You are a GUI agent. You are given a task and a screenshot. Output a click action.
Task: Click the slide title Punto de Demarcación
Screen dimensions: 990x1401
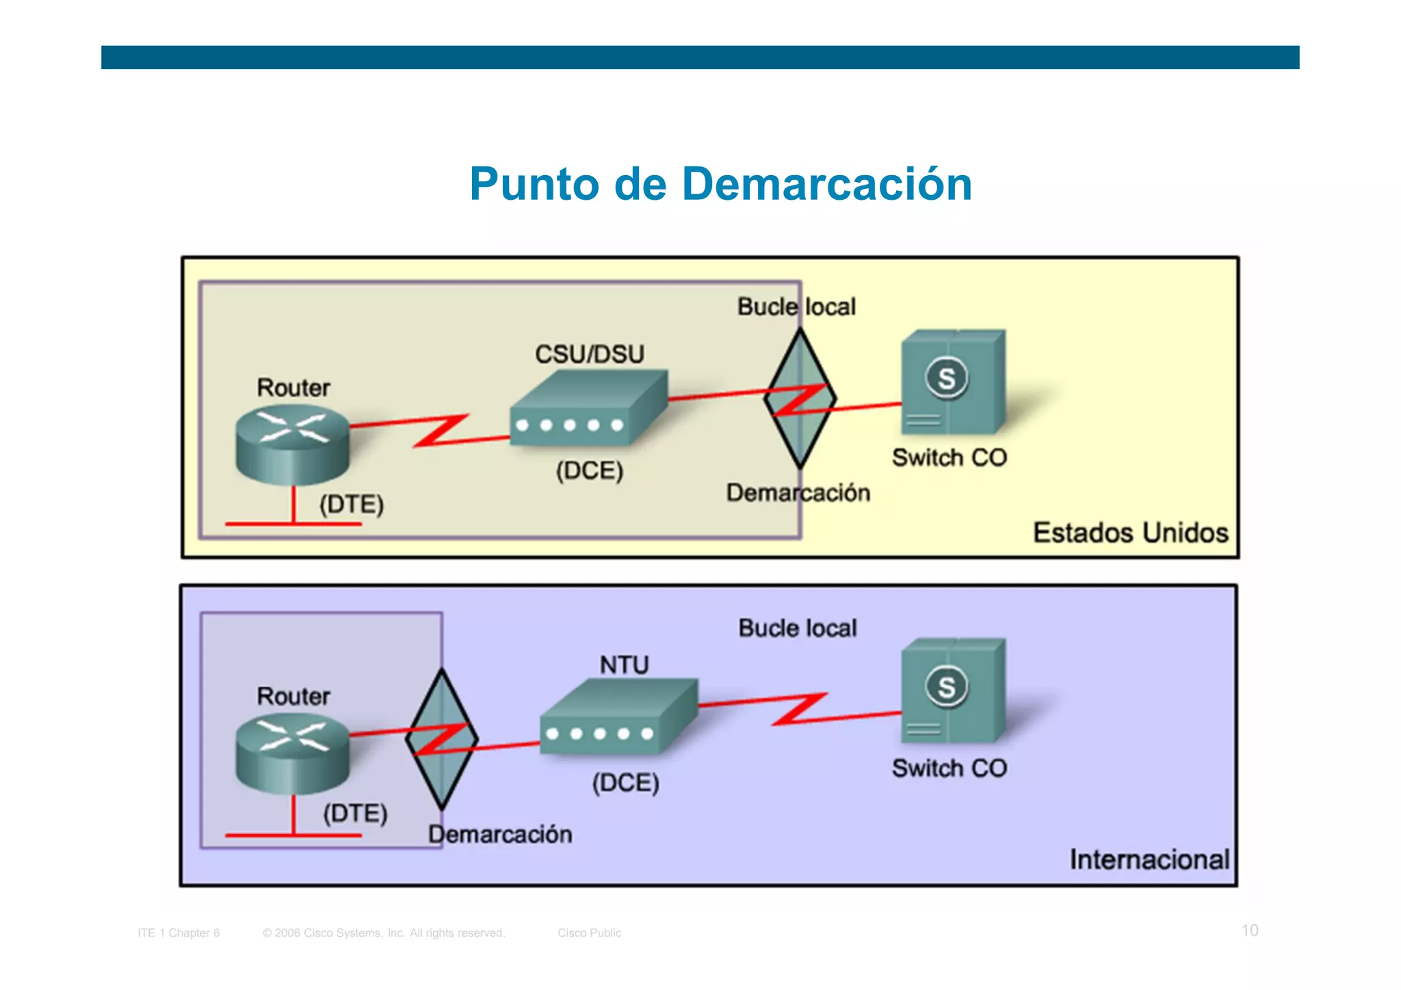[x=720, y=184]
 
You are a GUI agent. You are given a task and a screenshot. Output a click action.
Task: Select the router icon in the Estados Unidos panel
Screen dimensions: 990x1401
[x=292, y=444]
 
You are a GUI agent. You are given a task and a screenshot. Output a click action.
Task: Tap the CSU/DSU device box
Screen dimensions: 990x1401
[x=588, y=408]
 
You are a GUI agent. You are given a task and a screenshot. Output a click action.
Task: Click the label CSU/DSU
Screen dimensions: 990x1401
[x=589, y=354]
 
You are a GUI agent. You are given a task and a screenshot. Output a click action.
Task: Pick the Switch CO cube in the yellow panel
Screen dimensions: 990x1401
[x=952, y=383]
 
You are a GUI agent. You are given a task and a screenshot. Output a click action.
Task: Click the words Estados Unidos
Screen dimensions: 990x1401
[x=1130, y=532]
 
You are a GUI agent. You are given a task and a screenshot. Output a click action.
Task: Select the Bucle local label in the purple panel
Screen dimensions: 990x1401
[x=797, y=627]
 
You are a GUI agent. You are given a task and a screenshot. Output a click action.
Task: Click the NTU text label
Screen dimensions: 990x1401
[x=624, y=664]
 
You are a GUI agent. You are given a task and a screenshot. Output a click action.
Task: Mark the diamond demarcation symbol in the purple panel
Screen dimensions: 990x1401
[x=442, y=739]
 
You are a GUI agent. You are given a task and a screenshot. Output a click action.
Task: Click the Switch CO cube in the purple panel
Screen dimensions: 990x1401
[x=952, y=691]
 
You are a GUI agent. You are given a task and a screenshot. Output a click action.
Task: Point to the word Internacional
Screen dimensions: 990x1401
[x=1149, y=859]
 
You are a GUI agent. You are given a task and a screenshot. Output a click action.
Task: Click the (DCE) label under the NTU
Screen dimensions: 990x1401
[x=625, y=782]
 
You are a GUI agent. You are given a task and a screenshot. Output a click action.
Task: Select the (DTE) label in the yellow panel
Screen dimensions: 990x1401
[x=352, y=504]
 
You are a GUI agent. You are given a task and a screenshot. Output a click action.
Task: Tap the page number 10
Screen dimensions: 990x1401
[x=1249, y=930]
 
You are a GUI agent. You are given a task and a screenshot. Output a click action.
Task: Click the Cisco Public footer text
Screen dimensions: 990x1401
[x=589, y=933]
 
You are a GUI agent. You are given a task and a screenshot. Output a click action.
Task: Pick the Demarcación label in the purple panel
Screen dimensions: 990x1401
[x=500, y=834]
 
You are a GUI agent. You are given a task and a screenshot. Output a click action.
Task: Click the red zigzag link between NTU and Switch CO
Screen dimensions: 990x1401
[x=799, y=709]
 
